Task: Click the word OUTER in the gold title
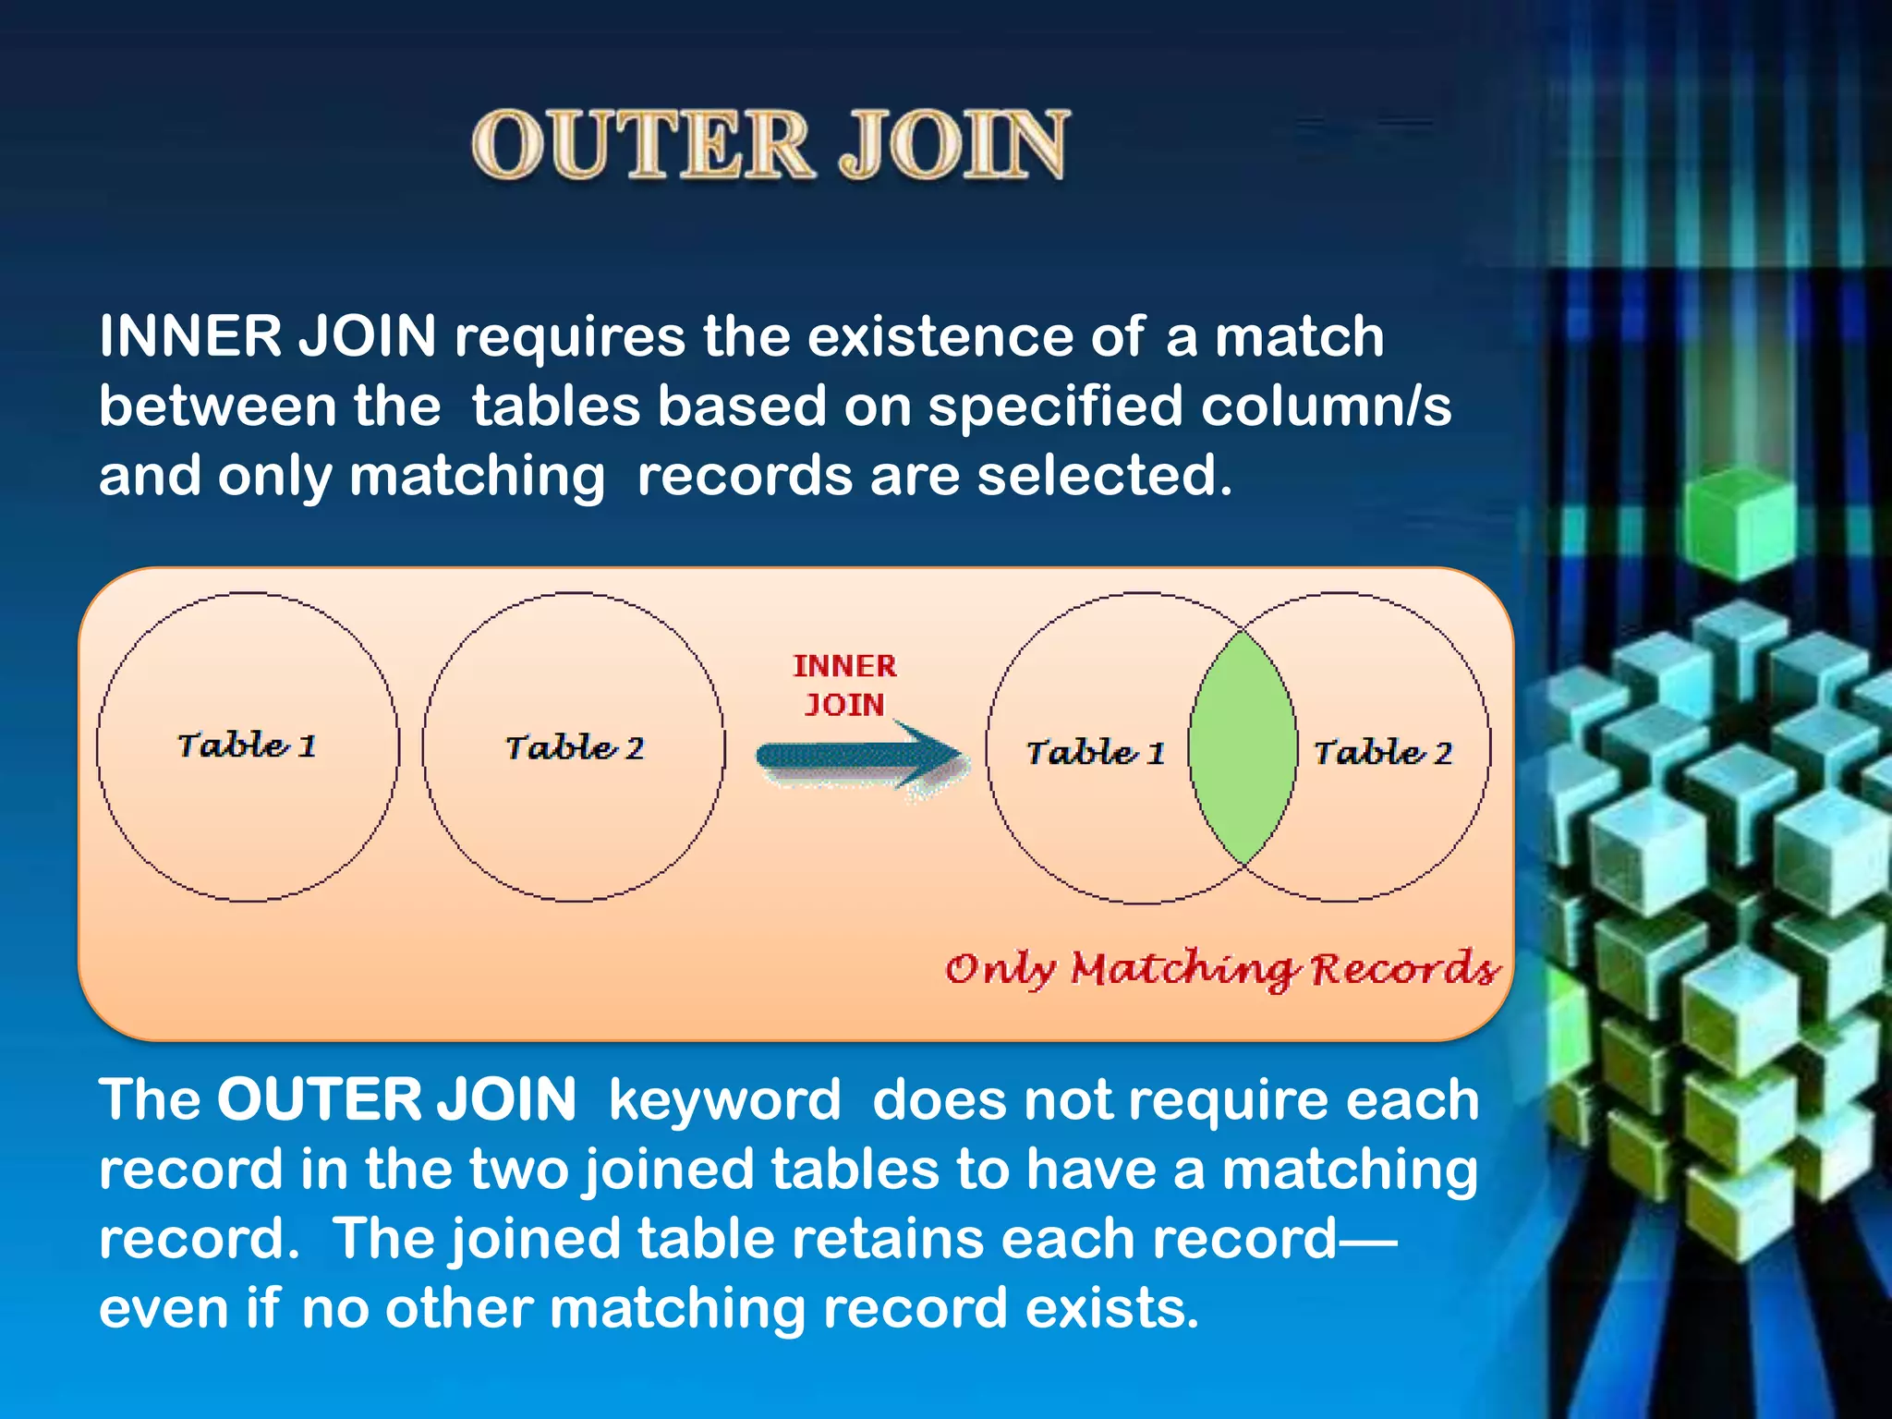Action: (641, 145)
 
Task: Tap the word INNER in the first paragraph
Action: (189, 336)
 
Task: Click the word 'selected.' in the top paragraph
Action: (1105, 477)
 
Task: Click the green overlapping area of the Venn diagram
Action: (1243, 748)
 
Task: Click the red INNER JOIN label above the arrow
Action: (844, 685)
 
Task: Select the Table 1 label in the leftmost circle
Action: (247, 746)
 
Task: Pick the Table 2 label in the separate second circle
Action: (574, 747)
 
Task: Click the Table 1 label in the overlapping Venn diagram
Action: (1095, 753)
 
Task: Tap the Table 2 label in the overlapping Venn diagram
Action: (1382, 753)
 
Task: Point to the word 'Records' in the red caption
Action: (1404, 968)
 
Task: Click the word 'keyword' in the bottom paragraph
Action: (724, 1100)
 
